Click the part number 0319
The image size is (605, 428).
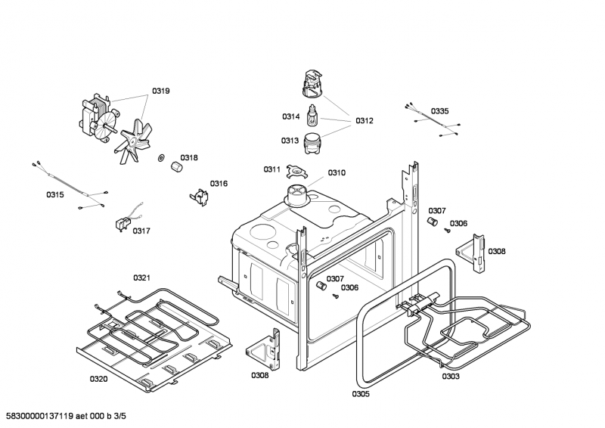(x=160, y=91)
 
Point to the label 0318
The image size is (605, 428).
(x=189, y=158)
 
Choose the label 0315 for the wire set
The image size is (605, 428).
(x=54, y=195)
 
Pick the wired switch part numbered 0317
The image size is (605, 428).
(x=120, y=225)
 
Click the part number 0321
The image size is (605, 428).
(x=142, y=278)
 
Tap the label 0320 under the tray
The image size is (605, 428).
(x=98, y=378)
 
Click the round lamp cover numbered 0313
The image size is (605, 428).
(x=312, y=141)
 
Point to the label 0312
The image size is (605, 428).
(x=365, y=121)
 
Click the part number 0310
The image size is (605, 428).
(x=337, y=172)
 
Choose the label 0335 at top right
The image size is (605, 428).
(x=439, y=111)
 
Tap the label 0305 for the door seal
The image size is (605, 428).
(x=361, y=393)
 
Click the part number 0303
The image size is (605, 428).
(x=451, y=376)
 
